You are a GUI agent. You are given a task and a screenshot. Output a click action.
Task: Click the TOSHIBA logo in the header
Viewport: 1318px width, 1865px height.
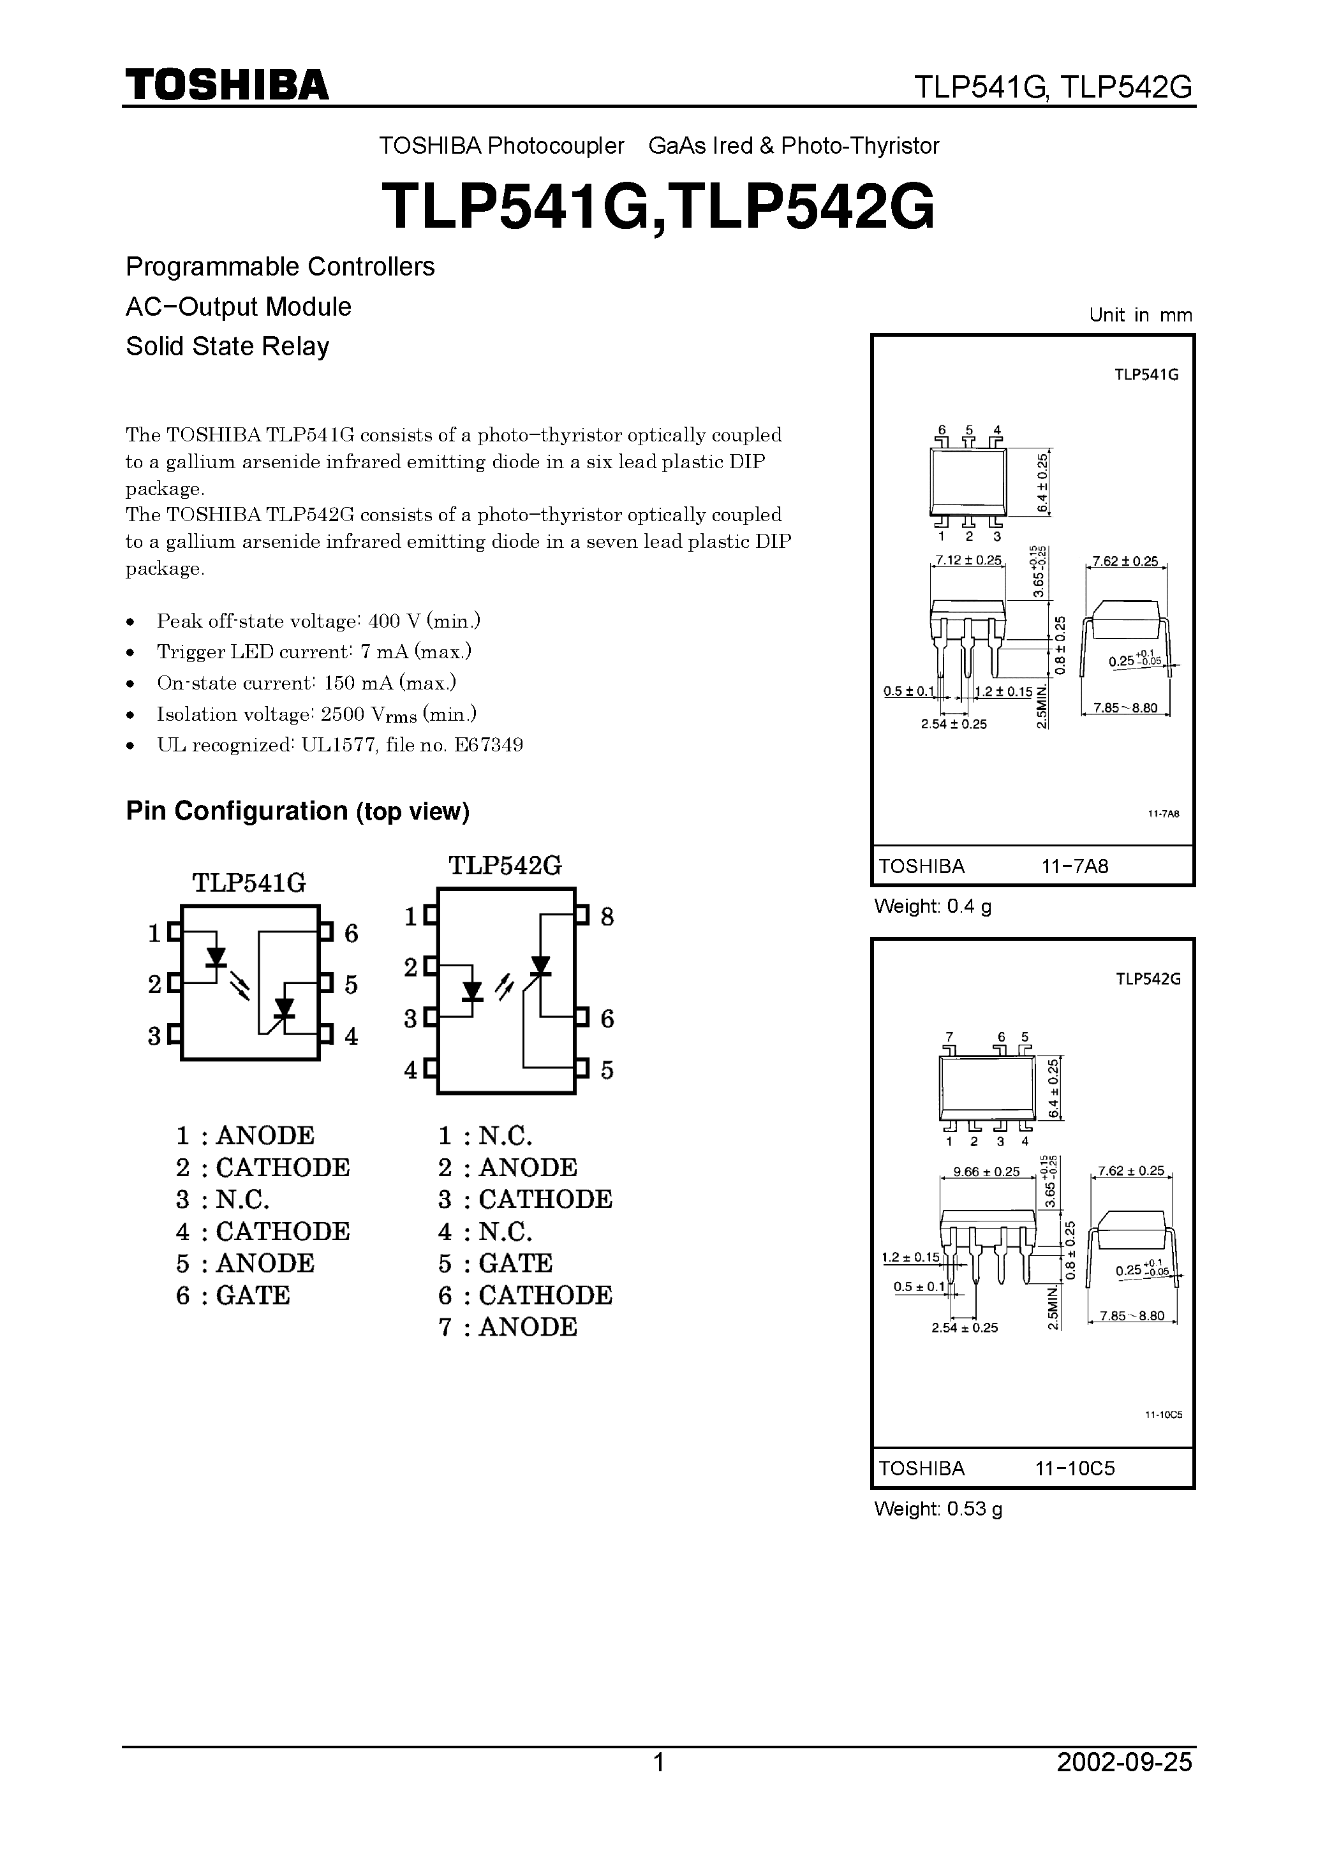pos(226,84)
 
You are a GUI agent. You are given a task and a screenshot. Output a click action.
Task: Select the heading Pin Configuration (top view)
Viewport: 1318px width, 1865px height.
pos(297,811)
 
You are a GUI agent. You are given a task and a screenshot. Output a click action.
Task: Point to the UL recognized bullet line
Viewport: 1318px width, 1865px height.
pos(339,745)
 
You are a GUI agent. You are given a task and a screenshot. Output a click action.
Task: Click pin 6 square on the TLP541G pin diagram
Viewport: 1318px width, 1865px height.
pos(326,932)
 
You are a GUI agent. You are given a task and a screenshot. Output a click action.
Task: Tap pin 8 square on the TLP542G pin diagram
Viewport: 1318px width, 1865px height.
pos(582,915)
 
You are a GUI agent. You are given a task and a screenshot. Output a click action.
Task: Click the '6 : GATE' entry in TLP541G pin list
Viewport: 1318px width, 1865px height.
pos(232,1295)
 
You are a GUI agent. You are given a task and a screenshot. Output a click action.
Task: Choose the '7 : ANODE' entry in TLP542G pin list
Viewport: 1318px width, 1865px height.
pos(508,1327)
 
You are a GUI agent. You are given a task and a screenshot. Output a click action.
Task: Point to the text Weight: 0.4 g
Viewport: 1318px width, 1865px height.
pos(932,906)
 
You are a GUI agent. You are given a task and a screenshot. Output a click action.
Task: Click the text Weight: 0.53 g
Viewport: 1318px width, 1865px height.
pos(938,1509)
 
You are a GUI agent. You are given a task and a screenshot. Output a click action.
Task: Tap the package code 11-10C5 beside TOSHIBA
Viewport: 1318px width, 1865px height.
pos(1074,1469)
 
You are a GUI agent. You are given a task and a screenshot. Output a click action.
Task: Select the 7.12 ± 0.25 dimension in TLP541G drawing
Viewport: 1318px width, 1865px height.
pos(968,561)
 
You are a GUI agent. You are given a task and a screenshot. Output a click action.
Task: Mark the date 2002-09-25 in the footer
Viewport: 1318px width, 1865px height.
pos(1124,1785)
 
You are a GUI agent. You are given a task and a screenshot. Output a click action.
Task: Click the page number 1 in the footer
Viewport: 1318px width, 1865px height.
pos(659,1785)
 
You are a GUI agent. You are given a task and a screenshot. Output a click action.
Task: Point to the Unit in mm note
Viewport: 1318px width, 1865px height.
pos(1140,315)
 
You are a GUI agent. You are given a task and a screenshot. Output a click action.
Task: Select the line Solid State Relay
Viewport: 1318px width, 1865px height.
pos(228,346)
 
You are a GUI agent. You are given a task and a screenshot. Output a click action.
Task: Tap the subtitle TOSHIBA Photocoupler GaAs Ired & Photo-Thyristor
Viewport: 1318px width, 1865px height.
pos(658,146)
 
